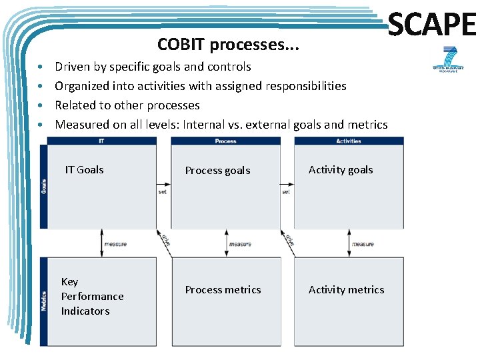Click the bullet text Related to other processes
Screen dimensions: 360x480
coord(127,105)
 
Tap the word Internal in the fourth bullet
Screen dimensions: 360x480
coord(206,125)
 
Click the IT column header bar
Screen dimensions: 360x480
coord(101,141)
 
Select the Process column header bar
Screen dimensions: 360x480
coord(225,141)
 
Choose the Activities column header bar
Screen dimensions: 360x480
coord(349,141)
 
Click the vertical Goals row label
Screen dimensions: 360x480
coord(44,186)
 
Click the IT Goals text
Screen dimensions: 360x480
coord(84,170)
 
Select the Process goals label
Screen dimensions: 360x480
coord(217,171)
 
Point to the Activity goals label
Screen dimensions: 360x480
coord(341,170)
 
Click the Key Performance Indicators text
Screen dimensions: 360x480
coord(92,297)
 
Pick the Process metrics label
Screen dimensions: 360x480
coord(223,290)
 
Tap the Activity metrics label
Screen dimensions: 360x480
coord(346,290)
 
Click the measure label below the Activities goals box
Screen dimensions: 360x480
coord(363,244)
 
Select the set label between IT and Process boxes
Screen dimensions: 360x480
coord(163,192)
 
